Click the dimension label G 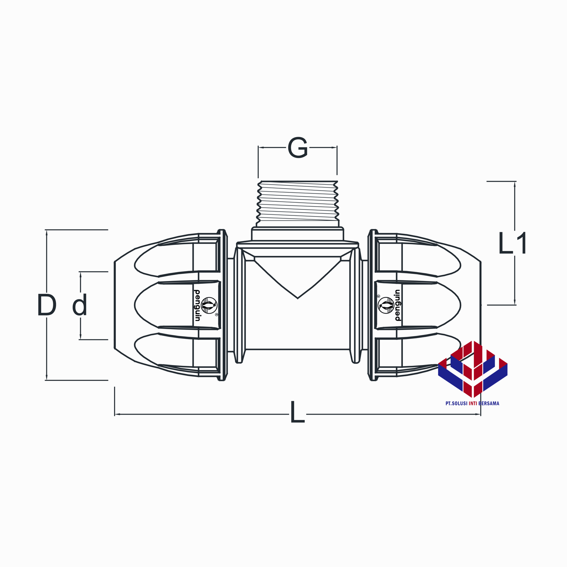click(x=297, y=148)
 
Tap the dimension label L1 click(x=512, y=243)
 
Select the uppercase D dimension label click(x=47, y=305)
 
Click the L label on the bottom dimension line click(x=297, y=412)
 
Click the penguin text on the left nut click(x=197, y=305)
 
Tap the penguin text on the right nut click(x=397, y=305)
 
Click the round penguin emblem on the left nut click(x=209, y=305)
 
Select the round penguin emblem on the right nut click(x=386, y=305)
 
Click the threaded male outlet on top click(x=297, y=204)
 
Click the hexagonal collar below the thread click(x=297, y=234)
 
